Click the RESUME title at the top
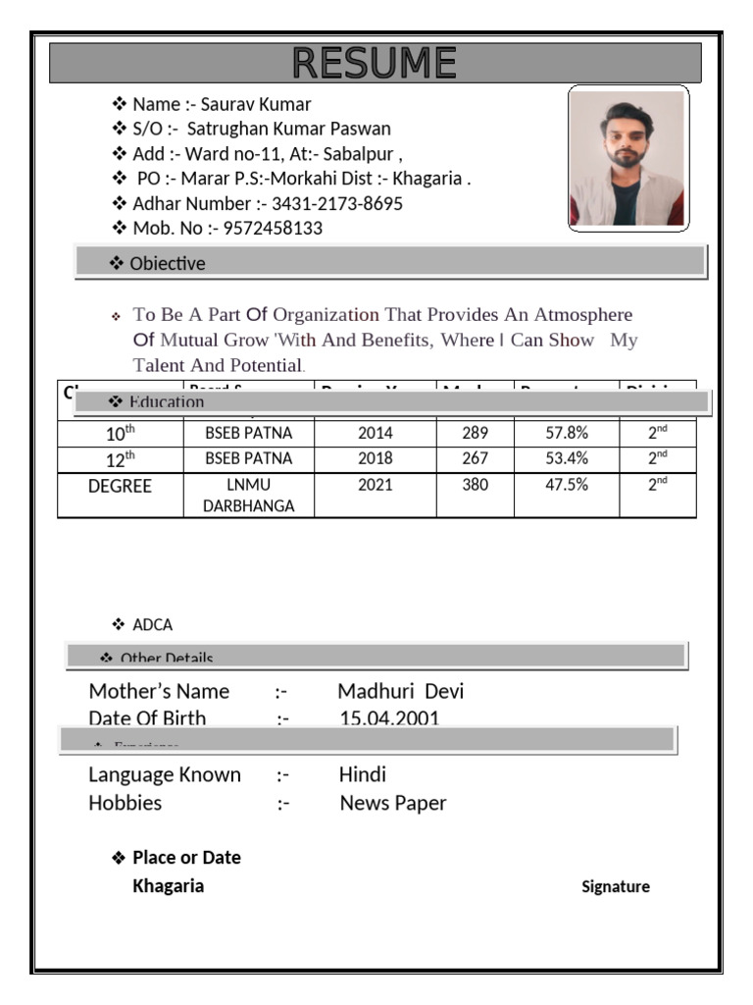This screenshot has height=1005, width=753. tap(375, 64)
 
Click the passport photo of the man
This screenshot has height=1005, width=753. tap(627, 158)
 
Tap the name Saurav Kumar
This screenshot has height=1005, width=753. tap(256, 104)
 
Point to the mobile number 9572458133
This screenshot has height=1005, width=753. tap(273, 229)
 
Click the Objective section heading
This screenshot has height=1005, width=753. tap(167, 263)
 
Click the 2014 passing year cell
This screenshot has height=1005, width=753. tap(375, 433)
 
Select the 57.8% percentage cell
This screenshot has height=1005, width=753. tap(566, 433)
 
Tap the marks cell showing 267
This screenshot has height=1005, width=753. tap(475, 458)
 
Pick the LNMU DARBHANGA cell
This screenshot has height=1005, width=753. tap(248, 496)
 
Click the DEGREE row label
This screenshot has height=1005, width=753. tap(121, 487)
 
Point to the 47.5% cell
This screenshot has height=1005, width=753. tap(566, 485)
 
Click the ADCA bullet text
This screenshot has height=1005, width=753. tap(153, 625)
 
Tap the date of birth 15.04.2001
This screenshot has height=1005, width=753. tap(389, 718)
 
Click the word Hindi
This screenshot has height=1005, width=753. tap(362, 774)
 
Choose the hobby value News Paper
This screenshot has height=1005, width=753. tap(392, 803)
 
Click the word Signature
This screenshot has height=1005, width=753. tap(615, 887)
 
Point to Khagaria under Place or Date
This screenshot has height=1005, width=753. tap(169, 886)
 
